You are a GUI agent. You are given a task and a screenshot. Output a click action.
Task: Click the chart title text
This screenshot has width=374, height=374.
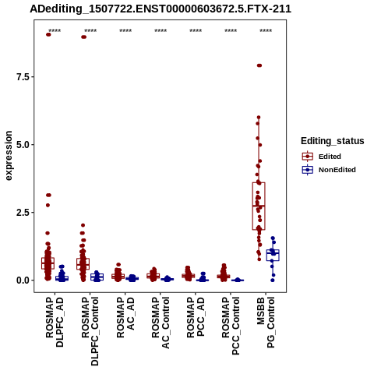(161, 9)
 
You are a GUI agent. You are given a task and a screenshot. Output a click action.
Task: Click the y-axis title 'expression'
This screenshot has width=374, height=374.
(9, 156)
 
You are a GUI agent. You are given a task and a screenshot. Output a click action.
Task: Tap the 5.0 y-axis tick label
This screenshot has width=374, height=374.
(22, 145)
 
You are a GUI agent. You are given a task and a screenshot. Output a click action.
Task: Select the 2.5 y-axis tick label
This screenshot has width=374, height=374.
(22, 213)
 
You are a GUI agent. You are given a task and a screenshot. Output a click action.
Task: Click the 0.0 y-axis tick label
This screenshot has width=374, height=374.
(22, 280)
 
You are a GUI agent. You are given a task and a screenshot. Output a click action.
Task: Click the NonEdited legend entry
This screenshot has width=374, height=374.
(329, 170)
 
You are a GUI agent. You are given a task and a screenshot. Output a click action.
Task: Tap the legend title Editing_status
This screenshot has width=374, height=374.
(333, 141)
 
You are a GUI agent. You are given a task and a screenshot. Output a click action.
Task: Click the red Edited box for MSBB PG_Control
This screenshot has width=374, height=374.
(259, 206)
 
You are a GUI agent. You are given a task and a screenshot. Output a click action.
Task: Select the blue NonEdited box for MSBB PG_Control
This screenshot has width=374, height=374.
(273, 255)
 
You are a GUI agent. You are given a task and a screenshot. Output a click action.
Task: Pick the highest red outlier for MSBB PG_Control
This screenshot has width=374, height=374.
(259, 65)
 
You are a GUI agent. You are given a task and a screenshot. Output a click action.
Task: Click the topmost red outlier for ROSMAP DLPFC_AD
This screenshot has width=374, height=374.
(48, 34)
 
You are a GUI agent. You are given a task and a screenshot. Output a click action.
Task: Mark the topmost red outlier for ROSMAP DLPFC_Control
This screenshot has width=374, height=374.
(83, 37)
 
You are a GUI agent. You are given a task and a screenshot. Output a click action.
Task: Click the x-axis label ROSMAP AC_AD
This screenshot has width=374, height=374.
(125, 317)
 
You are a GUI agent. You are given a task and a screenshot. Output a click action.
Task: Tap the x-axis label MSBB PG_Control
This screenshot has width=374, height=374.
(266, 323)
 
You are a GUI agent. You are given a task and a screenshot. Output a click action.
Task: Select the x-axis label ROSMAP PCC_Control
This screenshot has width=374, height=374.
(231, 326)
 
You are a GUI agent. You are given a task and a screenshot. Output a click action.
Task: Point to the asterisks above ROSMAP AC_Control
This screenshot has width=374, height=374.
(161, 31)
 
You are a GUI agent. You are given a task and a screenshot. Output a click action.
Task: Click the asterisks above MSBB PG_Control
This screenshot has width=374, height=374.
(266, 31)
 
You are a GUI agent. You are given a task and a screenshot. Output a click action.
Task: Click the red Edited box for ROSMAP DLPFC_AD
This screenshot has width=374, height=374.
(48, 263)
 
